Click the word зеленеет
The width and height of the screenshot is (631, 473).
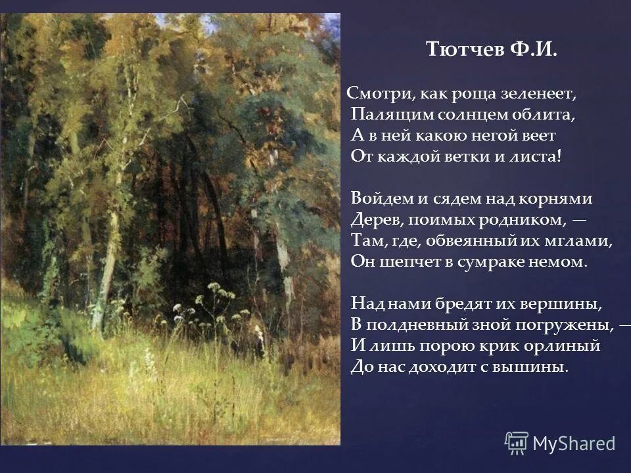pyautogui.click(x=542, y=93)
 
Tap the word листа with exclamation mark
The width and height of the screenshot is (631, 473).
pyautogui.click(x=538, y=157)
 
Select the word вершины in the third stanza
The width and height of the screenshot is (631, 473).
pyautogui.click(x=569, y=304)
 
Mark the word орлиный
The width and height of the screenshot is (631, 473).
pyautogui.click(x=568, y=346)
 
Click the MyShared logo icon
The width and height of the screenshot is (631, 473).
pyautogui.click(x=517, y=443)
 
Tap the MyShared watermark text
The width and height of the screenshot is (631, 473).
pyautogui.click(x=574, y=443)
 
